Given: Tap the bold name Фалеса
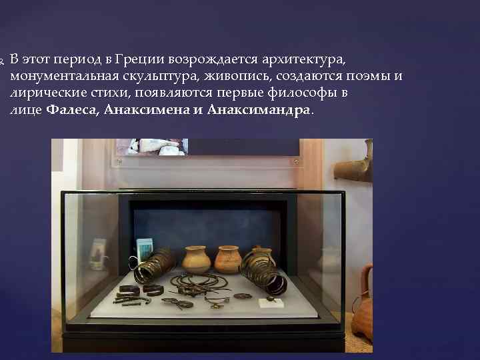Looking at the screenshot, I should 71,109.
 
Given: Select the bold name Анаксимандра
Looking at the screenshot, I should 259,109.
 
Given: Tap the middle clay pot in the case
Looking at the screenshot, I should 227,259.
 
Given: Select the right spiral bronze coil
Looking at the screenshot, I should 263,271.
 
